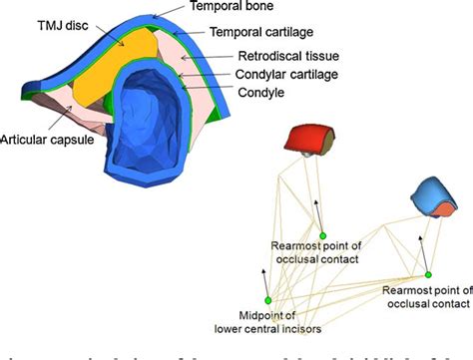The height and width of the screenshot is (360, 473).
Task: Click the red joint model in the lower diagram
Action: [303, 140]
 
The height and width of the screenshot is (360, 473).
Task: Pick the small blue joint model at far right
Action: [433, 195]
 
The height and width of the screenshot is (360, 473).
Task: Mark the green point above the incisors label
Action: [267, 299]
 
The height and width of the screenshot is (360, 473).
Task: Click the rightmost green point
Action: [428, 274]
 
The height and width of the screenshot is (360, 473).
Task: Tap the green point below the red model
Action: [322, 235]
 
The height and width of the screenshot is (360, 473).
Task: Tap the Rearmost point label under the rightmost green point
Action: [425, 295]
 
